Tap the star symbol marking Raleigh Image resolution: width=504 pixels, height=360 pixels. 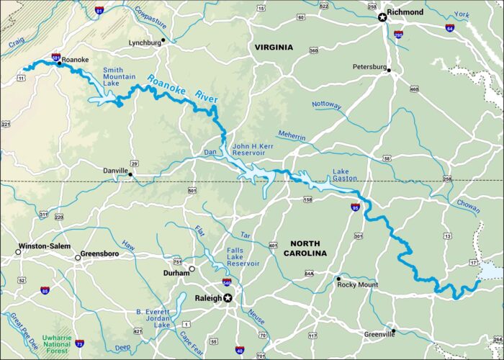click(x=228, y=298)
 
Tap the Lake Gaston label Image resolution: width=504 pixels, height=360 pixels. click(x=345, y=176)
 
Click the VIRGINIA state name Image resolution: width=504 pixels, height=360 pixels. click(x=274, y=47)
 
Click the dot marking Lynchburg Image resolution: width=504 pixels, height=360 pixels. click(x=163, y=40)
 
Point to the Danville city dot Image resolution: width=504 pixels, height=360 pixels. click(x=130, y=173)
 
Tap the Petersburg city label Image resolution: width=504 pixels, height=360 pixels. click(x=369, y=67)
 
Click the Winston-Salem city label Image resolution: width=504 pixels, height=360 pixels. click(x=44, y=246)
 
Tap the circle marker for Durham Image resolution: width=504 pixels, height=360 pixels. click(x=192, y=269)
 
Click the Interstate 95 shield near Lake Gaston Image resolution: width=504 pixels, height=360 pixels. click(x=355, y=207)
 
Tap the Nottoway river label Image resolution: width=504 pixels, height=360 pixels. click(x=327, y=105)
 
